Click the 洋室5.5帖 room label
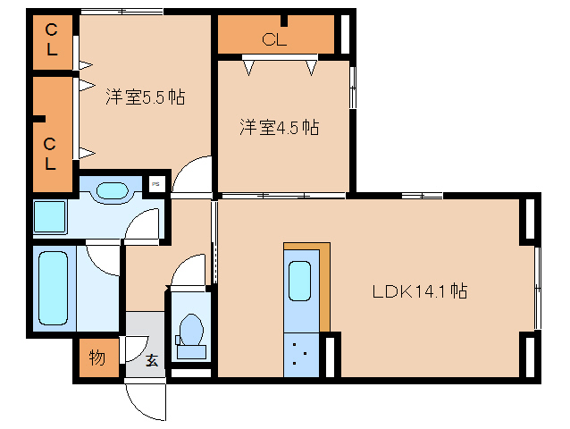click(x=145, y=97)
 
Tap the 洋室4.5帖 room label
click(x=279, y=128)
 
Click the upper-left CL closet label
click(x=52, y=42)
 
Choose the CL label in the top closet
click(x=274, y=38)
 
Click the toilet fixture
click(x=189, y=331)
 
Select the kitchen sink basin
click(x=299, y=283)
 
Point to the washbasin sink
click(x=113, y=190)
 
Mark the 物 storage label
click(x=96, y=358)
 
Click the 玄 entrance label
click(x=152, y=361)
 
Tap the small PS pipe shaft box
click(x=155, y=184)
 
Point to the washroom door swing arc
click(x=143, y=225)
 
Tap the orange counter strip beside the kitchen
click(x=325, y=284)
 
